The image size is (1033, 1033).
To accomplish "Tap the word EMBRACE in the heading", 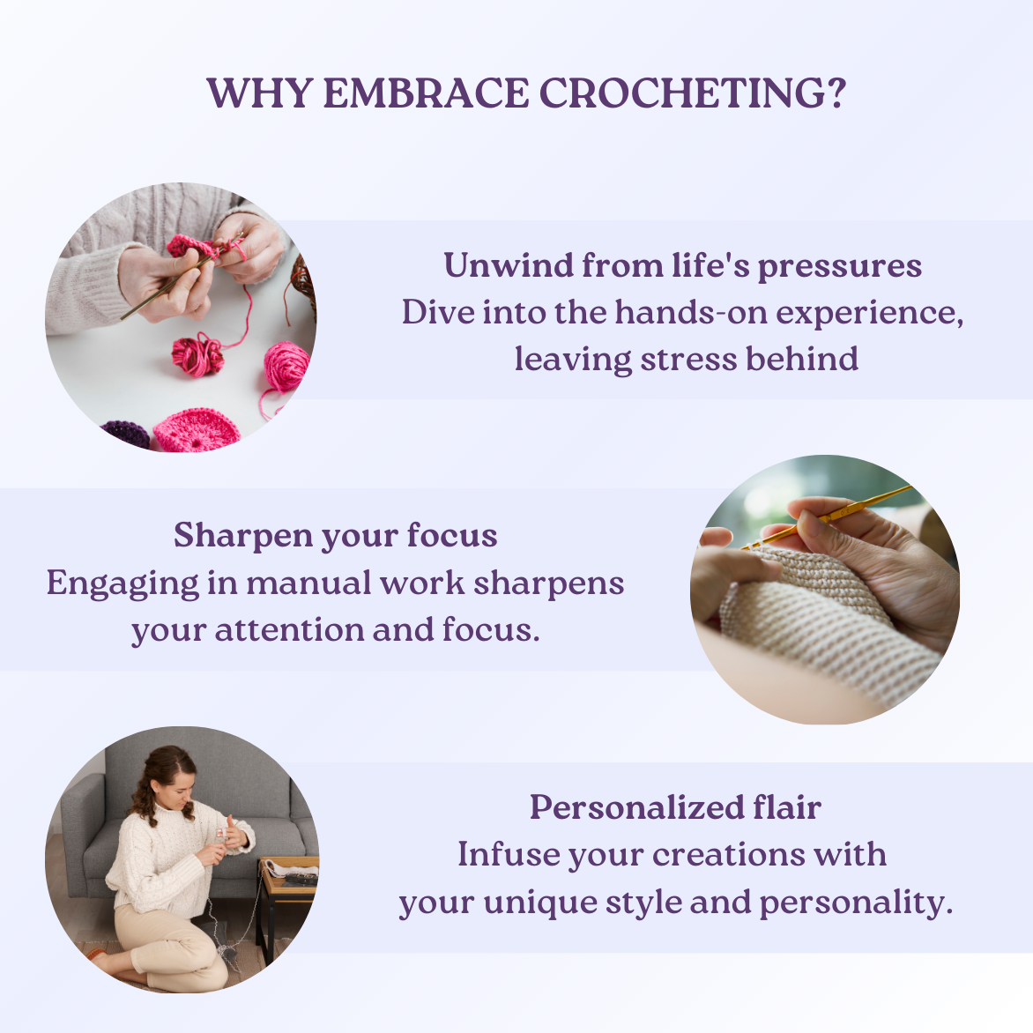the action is coord(426,93).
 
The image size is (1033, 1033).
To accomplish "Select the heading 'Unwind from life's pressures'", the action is coord(682,265).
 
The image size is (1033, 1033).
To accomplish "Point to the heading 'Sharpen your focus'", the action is coord(335,536).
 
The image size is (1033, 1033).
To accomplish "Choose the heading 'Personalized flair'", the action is coord(675,807).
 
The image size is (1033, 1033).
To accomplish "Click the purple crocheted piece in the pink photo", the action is coord(126,435).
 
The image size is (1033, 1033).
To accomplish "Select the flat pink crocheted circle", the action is coord(197,429).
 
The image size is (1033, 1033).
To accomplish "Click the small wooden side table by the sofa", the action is coord(287,896).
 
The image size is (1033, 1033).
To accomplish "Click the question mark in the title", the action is coord(835,93).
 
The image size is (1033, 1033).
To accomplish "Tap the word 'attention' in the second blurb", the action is coord(290,630).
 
